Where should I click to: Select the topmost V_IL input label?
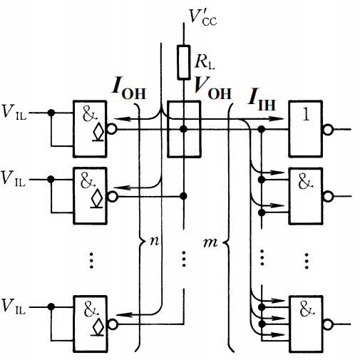[x=15, y=113]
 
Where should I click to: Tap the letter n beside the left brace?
[x=152, y=242]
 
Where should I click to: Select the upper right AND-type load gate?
[x=304, y=187]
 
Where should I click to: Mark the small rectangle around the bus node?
[x=184, y=129]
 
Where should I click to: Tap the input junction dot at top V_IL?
[x=50, y=113]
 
